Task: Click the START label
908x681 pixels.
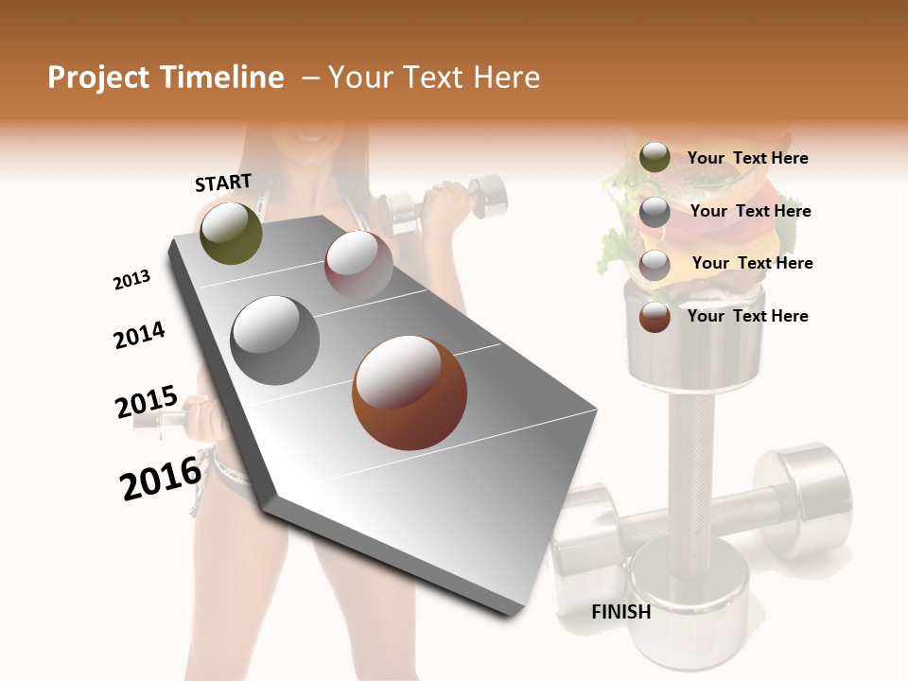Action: (x=223, y=183)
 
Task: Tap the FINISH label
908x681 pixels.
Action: (x=621, y=612)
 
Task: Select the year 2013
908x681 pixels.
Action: (x=131, y=280)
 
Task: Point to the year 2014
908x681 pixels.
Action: (x=139, y=335)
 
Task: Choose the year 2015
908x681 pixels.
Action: (x=146, y=402)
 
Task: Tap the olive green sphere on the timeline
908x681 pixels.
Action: (x=231, y=233)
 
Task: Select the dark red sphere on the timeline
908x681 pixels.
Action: (x=358, y=265)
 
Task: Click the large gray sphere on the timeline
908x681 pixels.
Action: (x=275, y=340)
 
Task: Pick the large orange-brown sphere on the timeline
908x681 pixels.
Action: (x=410, y=393)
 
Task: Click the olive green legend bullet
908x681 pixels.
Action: (x=655, y=158)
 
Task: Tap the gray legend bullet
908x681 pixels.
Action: (x=655, y=212)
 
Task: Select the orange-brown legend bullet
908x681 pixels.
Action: (x=655, y=317)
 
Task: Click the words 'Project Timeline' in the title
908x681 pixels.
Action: (x=166, y=78)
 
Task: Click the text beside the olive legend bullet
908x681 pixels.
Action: (x=747, y=158)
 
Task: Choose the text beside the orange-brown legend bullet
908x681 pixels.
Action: (x=747, y=316)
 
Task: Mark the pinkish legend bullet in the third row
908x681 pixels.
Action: (x=655, y=265)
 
